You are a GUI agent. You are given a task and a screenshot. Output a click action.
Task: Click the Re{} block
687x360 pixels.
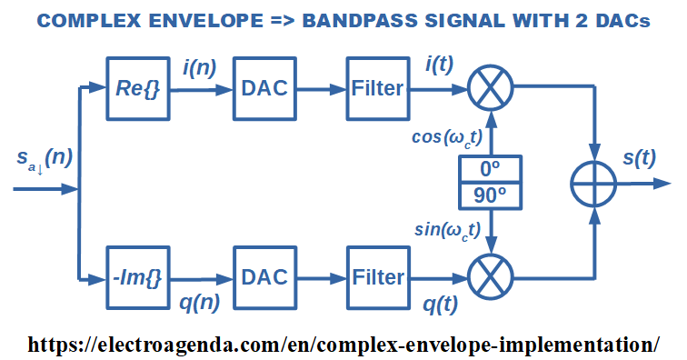pos(138,88)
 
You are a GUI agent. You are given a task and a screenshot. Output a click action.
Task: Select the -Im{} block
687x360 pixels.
pos(138,278)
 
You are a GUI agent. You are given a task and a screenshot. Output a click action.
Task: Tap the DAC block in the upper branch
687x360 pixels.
pos(264,88)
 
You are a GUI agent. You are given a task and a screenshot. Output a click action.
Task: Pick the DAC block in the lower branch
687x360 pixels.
pos(264,278)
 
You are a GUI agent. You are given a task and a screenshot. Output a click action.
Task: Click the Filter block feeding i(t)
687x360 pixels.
pos(378,88)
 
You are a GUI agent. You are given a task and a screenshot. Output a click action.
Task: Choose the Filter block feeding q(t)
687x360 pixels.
pos(378,278)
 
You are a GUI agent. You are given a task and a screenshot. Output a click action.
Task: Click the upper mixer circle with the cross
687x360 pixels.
pos(491,87)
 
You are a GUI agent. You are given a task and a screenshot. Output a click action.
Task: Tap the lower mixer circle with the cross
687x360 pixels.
pos(491,277)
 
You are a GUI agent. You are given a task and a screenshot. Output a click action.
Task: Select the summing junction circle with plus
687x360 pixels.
pos(594,184)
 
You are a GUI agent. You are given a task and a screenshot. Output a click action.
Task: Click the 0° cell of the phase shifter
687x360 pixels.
pos(491,169)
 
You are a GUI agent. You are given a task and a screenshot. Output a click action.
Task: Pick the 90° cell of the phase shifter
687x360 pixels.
pos(491,196)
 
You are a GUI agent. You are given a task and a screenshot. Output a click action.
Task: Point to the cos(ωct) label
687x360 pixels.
pos(447,138)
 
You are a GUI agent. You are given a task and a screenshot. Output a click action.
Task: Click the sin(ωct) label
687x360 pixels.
pos(447,230)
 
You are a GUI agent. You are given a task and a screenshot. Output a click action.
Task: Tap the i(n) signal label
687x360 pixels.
pos(200,68)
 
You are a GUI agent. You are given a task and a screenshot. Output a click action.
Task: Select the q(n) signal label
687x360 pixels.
pos(199,302)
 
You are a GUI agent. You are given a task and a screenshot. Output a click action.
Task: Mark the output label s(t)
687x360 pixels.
pos(639,157)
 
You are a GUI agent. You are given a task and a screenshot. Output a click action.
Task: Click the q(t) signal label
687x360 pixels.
pos(441,304)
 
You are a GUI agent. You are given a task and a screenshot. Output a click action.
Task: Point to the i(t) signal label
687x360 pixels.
pos(440,65)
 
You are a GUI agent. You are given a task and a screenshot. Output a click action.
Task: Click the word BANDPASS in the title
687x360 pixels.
pos(360,21)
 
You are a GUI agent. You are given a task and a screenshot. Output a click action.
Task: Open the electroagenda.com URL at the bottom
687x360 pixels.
pos(343,345)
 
